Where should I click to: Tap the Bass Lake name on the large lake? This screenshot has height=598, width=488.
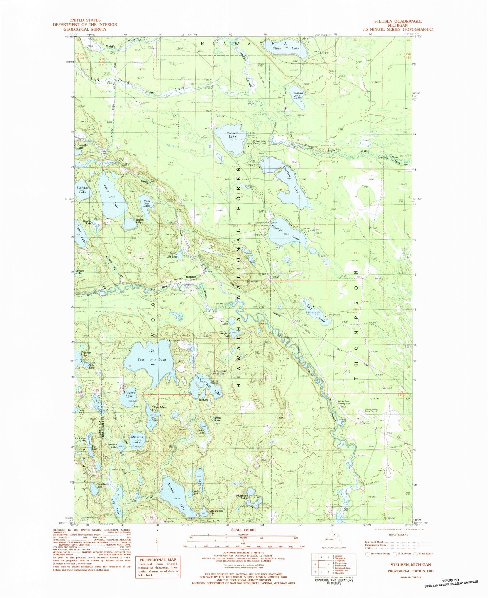click(152, 360)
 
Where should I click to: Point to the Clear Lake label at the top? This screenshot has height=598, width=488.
click(285, 49)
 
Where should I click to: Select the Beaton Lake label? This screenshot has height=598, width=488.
click(298, 95)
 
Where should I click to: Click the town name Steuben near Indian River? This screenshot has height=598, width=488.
click(191, 277)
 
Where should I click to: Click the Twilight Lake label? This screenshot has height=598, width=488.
click(82, 190)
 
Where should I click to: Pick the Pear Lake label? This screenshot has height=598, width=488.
click(147, 203)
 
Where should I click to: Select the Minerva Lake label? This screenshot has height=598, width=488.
click(137, 439)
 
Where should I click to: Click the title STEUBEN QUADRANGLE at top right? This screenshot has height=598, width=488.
click(398, 21)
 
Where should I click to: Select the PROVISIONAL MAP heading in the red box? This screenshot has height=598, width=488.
click(158, 560)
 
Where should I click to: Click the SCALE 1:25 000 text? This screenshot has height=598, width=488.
click(243, 530)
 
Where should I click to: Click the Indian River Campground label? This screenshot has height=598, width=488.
click(344, 402)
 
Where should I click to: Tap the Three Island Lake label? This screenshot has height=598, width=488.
click(160, 409)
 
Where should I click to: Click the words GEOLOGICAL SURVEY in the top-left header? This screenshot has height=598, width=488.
click(85, 29)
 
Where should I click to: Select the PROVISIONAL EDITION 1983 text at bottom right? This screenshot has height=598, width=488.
click(411, 571)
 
